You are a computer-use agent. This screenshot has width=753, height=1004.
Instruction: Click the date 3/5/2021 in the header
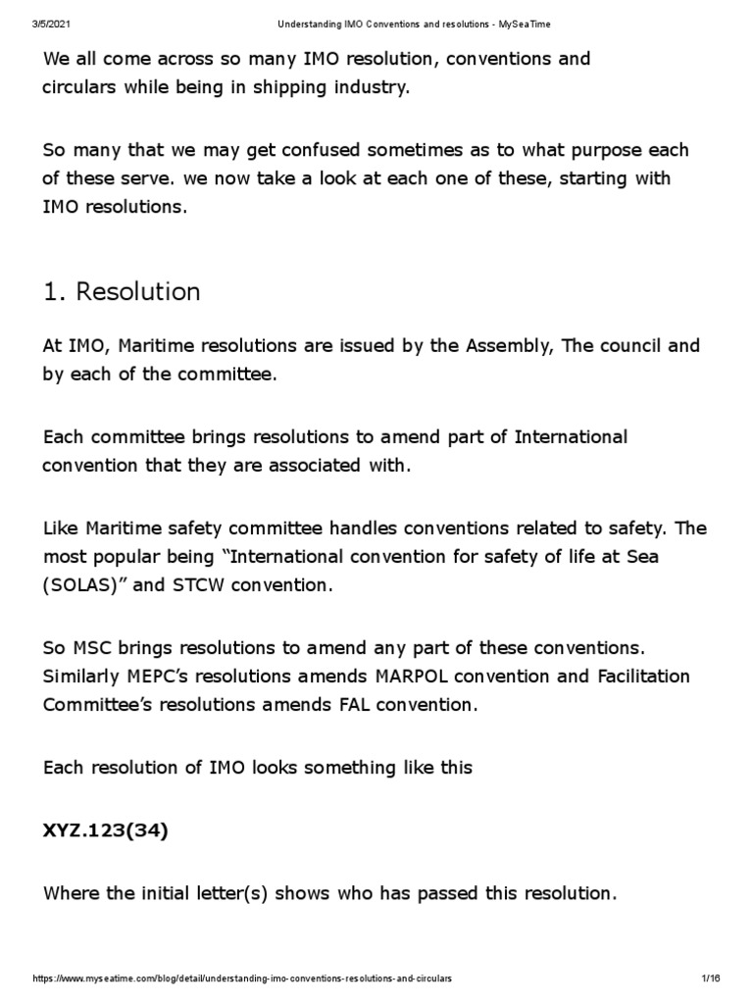tap(52, 24)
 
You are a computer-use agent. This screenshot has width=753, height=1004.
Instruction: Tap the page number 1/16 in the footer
tap(711, 979)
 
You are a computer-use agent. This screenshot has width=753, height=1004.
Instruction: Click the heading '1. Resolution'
tap(122, 292)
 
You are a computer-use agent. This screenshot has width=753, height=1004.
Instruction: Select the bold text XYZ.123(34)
tap(106, 830)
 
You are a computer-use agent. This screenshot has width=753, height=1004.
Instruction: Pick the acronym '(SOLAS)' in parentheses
tap(83, 585)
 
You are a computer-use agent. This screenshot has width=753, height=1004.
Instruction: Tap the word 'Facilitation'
tap(641, 677)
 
